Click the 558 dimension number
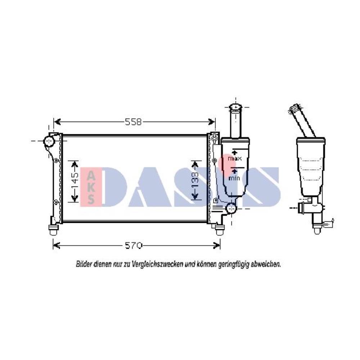point(133,122)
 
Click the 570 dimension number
point(134,246)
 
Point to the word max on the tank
point(235,158)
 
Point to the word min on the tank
point(234,178)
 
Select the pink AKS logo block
point(91,186)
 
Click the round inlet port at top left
point(49,141)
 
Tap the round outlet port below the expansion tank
point(231,208)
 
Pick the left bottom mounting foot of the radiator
point(53,230)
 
